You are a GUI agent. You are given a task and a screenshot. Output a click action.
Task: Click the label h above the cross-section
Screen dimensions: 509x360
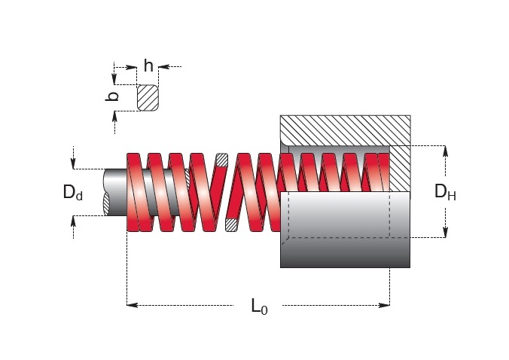(148, 66)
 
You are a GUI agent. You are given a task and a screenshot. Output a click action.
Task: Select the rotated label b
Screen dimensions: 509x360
(112, 96)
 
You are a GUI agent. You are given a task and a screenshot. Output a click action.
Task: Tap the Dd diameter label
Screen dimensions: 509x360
(73, 192)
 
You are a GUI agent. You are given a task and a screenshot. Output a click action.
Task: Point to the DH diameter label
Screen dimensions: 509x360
(445, 192)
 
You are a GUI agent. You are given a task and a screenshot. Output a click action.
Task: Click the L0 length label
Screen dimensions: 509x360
(259, 307)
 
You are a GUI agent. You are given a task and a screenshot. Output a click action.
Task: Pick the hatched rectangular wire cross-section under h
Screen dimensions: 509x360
(148, 98)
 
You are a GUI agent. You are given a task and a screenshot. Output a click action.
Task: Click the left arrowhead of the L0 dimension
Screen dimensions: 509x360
(132, 305)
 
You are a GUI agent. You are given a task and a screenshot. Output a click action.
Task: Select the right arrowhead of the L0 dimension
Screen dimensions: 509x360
(384, 305)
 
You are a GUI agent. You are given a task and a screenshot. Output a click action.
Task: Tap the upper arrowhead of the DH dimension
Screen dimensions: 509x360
(446, 151)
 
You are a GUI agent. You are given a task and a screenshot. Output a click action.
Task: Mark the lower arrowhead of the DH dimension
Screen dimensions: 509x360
(446, 232)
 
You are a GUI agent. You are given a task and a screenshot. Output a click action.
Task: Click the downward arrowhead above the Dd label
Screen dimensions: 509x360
(73, 163)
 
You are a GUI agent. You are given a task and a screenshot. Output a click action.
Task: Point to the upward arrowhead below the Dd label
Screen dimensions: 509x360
(73, 221)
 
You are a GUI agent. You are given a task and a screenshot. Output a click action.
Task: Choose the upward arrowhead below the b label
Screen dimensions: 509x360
(114, 116)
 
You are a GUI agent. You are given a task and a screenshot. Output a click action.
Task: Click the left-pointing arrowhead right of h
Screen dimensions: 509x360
(164, 67)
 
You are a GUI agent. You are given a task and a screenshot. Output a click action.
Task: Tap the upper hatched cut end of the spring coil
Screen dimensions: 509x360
(221, 160)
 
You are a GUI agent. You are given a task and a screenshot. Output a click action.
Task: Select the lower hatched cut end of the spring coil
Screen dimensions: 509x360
(231, 224)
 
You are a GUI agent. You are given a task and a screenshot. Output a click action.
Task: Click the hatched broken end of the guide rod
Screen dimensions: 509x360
(107, 204)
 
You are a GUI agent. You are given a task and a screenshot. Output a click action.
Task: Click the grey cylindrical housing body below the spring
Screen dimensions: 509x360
(345, 230)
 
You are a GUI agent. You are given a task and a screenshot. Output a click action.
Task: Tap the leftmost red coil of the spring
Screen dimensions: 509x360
(134, 192)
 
